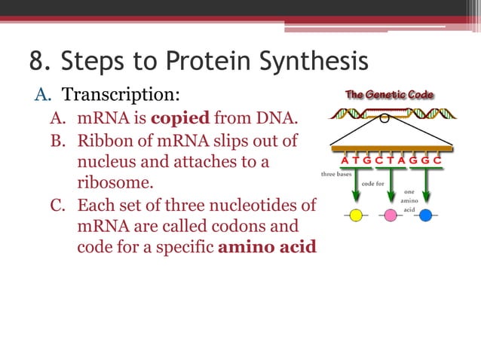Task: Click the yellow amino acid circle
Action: (x=356, y=215)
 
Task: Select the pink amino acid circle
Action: (x=391, y=215)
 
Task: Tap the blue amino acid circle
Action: (x=425, y=215)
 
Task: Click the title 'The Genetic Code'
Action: (x=389, y=95)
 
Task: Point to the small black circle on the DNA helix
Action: (x=384, y=117)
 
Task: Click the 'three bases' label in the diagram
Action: (x=336, y=174)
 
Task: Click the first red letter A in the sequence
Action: (x=345, y=160)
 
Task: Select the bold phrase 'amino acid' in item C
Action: (x=267, y=248)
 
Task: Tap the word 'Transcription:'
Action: (x=121, y=96)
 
